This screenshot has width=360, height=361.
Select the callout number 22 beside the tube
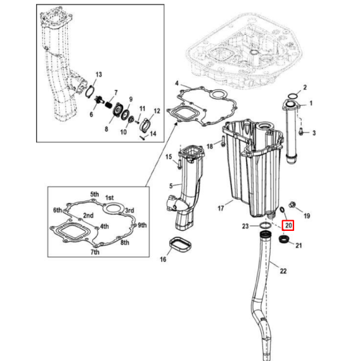coord(284,271)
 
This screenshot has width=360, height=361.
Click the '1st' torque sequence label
coord(109,197)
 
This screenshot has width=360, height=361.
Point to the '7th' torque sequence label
coord(95,252)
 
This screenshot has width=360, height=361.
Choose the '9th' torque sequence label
coord(142,225)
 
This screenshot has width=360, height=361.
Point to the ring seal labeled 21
coord(285,240)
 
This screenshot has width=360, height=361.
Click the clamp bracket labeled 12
coord(146,122)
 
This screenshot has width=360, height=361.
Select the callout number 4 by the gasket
coord(177,83)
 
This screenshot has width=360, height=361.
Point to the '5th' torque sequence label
coord(95,194)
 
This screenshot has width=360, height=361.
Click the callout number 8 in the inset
coord(105,129)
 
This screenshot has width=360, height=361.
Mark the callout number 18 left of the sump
coord(210,146)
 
